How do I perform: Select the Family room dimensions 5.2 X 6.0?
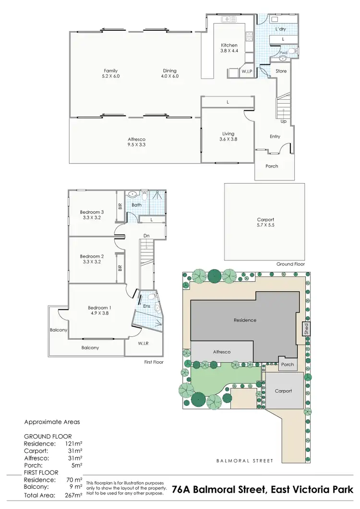pos(111,76)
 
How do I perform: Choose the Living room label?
pos(228,133)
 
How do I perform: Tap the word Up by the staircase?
pos(284,121)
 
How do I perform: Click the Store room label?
pos(281,71)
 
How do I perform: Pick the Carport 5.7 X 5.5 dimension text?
pos(265,225)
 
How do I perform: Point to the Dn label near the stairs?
pos(147,236)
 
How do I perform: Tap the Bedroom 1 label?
pos(99,308)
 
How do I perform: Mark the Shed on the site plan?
pos(305,329)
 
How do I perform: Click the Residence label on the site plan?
pos(245,320)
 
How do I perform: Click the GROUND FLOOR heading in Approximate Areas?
pos(48,437)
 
